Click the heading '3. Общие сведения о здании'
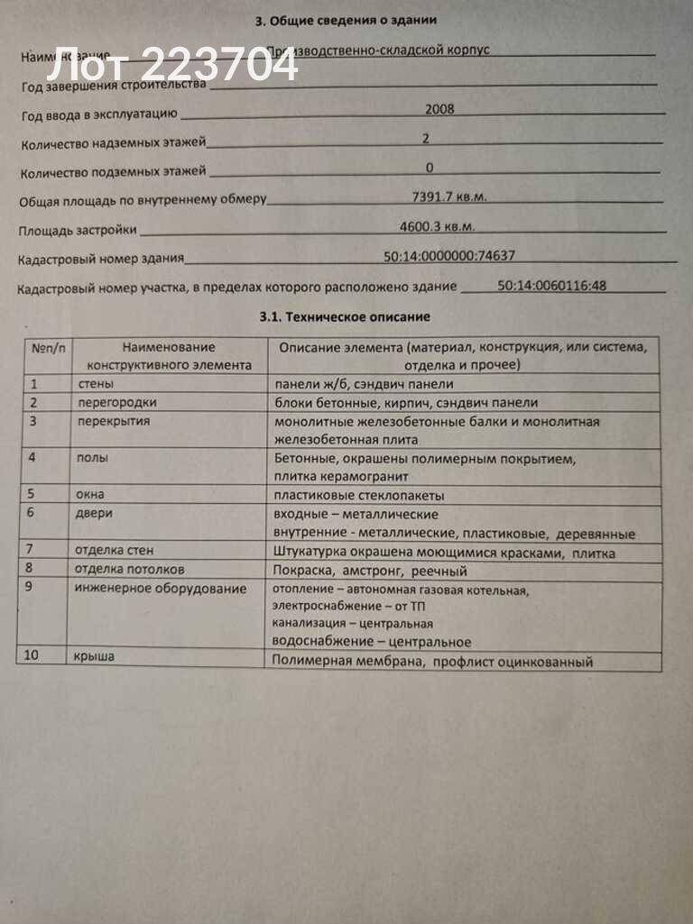point(347,20)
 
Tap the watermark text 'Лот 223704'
point(171,66)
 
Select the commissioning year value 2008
point(439,109)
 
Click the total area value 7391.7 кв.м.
point(448,196)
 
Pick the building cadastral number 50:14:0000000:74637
point(449,256)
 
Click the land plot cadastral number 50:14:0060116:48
point(551,286)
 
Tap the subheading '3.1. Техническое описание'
point(345,316)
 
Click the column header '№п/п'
point(47,347)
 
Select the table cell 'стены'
point(96,384)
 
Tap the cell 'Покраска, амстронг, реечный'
point(371,571)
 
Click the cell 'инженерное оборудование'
point(161,589)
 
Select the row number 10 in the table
point(32,655)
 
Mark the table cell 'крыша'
point(94,657)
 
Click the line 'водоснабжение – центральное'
point(372,642)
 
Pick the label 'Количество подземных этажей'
point(113,170)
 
